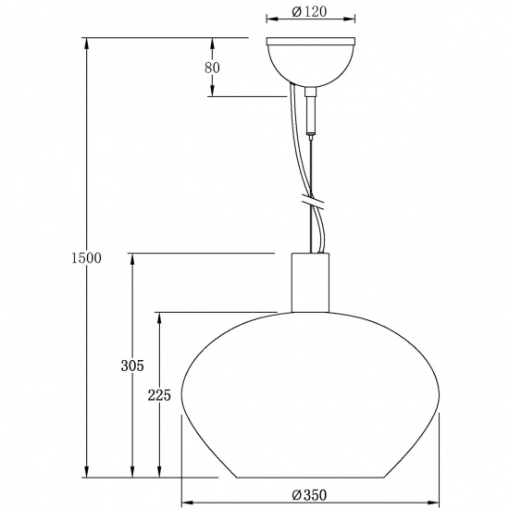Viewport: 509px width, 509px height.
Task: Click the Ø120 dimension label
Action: [310, 13]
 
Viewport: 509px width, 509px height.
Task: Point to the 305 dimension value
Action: [131, 366]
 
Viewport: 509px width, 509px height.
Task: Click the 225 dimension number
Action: [159, 395]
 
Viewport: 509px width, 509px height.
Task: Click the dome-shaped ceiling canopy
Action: [310, 63]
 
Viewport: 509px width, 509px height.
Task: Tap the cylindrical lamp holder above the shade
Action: [310, 282]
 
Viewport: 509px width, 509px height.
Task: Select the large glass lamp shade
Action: [310, 398]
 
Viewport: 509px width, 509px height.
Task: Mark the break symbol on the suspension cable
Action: [313, 201]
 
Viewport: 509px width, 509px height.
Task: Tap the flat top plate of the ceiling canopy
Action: [310, 40]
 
